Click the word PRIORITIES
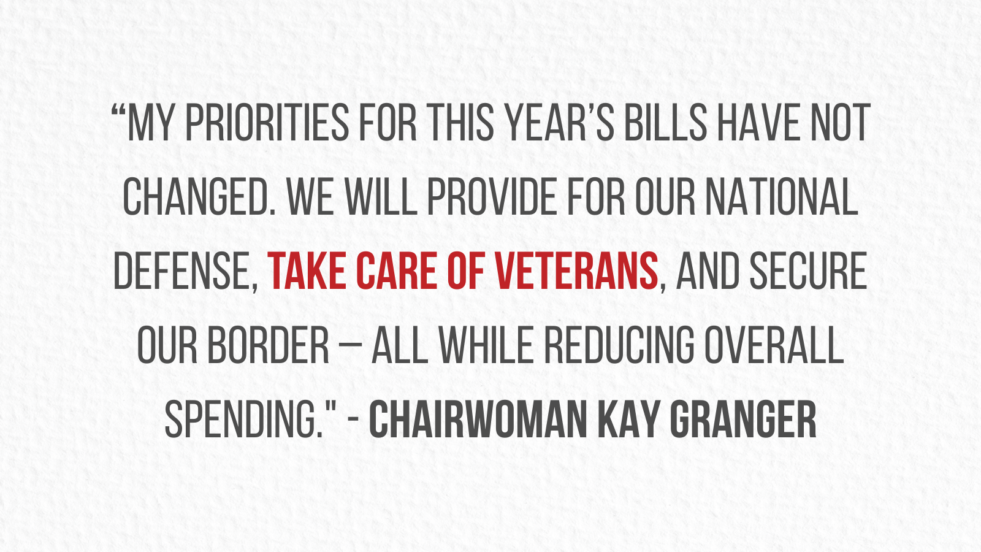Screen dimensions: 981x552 [267, 123]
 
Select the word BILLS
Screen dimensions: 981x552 [665, 123]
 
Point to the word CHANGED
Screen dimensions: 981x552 [199, 197]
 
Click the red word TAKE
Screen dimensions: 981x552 [307, 271]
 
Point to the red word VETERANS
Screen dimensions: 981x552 [576, 271]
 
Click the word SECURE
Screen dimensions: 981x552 [809, 271]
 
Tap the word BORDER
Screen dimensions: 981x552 [268, 346]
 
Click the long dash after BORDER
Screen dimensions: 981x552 [350, 346]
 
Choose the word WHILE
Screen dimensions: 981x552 [486, 346]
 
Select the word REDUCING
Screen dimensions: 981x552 [619, 346]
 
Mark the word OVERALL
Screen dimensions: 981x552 [774, 346]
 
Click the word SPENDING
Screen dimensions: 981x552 [245, 420]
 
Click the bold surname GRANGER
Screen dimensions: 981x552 [743, 420]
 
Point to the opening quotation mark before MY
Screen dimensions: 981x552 [118, 110]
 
